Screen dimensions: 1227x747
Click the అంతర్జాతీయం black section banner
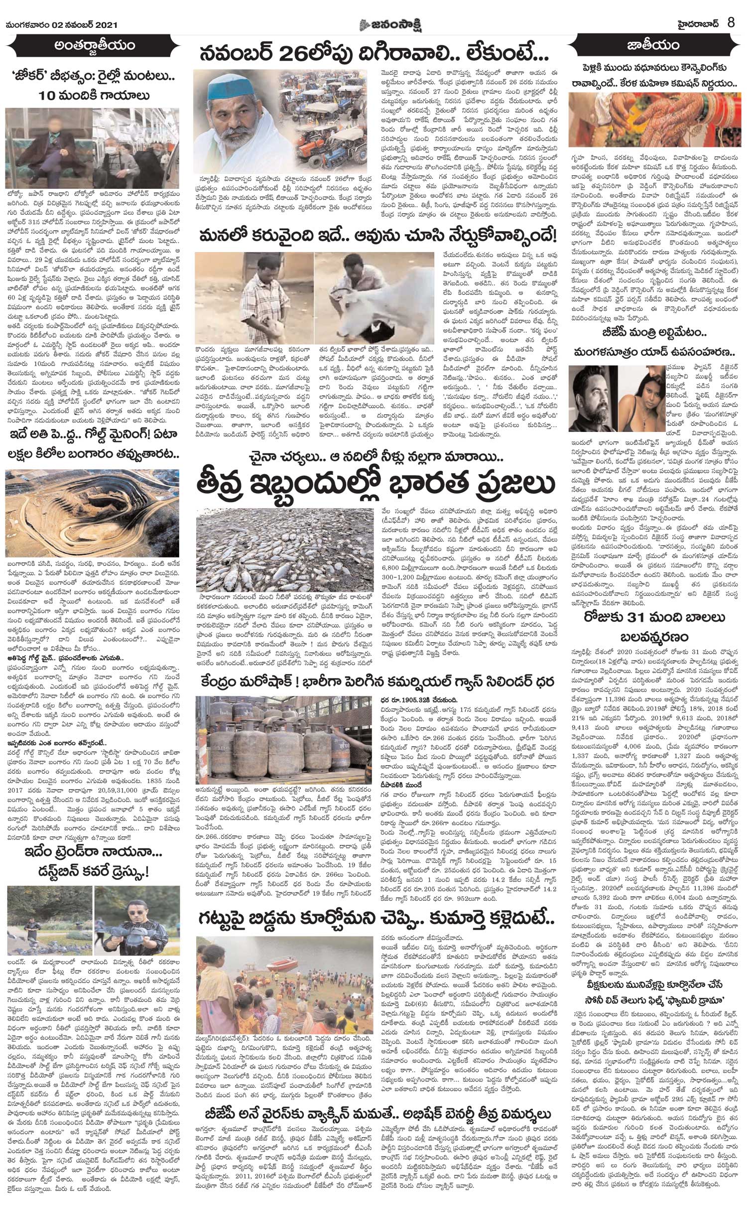click(95, 47)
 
